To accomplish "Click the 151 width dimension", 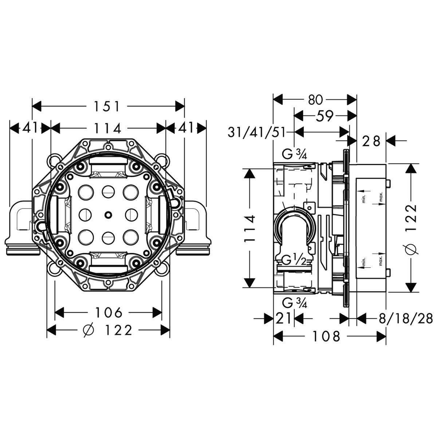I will click(107, 106).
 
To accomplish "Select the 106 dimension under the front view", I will click(108, 312).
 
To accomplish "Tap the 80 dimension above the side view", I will click(316, 99).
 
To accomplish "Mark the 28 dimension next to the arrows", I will click(371, 141).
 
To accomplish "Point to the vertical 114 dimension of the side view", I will click(249, 229).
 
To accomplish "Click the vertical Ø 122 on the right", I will click(410, 229).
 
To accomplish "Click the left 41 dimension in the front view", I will click(30, 128).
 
